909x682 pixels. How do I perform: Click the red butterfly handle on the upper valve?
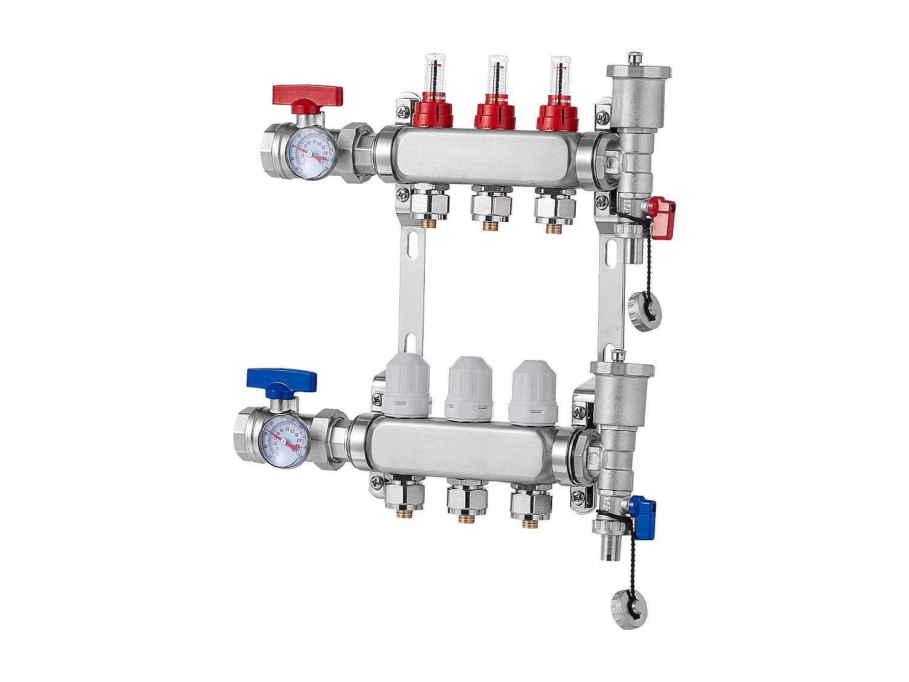(x=307, y=96)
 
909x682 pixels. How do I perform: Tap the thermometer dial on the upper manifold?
(x=309, y=155)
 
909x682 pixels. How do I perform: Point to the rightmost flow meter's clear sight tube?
(x=561, y=76)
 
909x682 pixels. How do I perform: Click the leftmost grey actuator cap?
(x=407, y=382)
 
